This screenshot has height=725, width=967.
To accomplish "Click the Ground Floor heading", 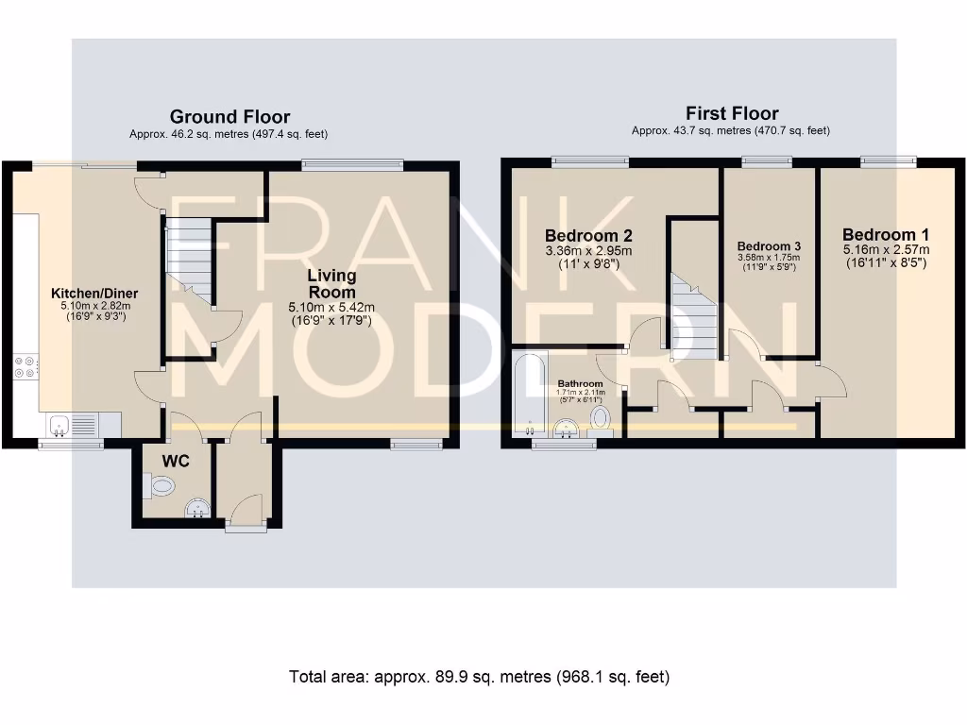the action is tap(230, 117).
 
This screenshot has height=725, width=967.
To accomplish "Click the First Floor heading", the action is tap(732, 113).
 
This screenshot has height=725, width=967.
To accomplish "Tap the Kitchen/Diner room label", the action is tap(94, 294).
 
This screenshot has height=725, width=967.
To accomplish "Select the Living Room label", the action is tap(331, 283).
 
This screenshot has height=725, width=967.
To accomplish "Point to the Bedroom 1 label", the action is tap(886, 235).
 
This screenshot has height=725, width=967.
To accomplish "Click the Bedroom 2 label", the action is tap(589, 235).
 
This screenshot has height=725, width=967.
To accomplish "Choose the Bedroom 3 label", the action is tap(769, 246).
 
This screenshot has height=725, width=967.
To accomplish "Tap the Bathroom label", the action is tap(581, 383).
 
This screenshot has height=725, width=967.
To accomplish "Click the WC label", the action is tap(176, 461).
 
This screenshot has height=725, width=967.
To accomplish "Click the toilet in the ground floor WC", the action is tap(159, 486).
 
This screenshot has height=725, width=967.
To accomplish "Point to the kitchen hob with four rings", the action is tap(25, 367).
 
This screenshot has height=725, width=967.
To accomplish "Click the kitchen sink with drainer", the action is tap(73, 425).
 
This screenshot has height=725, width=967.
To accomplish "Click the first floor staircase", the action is tap(694, 317).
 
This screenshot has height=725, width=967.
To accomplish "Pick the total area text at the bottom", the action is tap(479, 677).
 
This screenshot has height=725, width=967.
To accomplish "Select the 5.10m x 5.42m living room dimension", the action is tap(331, 307).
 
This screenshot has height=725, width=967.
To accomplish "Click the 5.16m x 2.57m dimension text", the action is tap(886, 249).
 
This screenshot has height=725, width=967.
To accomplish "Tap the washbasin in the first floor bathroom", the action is tap(566, 428).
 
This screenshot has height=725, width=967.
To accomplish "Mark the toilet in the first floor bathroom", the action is tap(600, 419).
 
